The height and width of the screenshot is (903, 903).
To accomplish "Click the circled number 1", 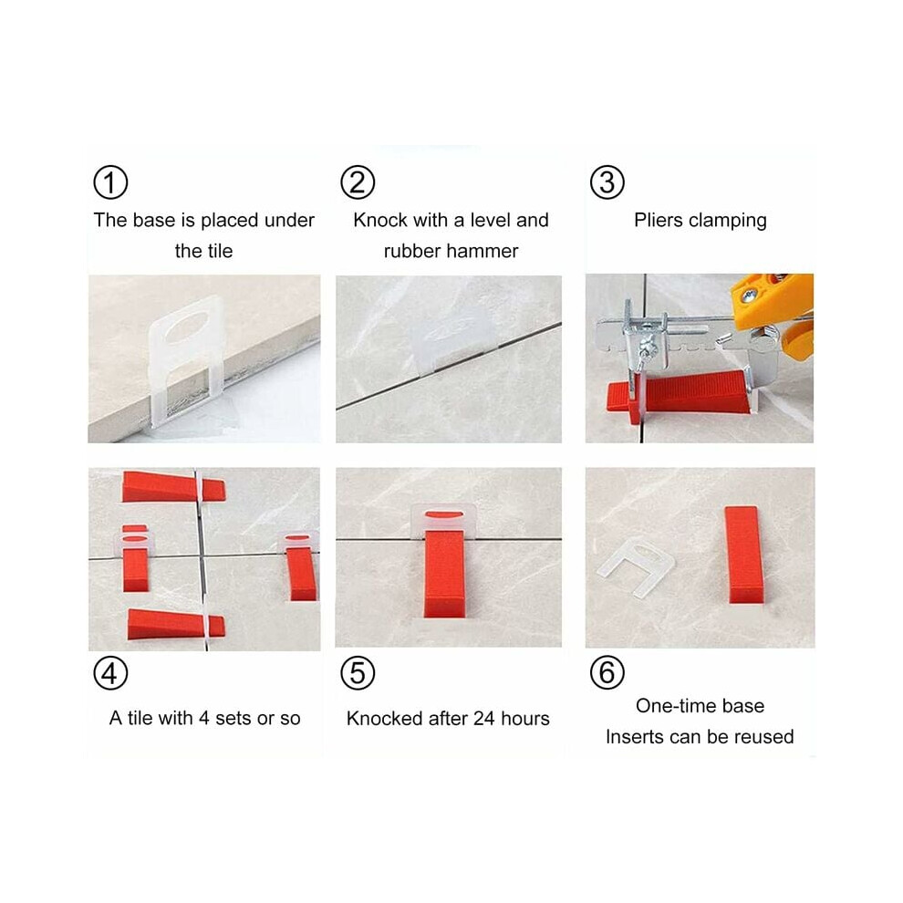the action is tap(110, 182).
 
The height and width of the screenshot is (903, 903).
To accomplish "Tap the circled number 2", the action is tap(358, 182).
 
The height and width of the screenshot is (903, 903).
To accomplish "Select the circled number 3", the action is tap(607, 182).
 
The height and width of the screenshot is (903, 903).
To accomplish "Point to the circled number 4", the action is tap(110, 672).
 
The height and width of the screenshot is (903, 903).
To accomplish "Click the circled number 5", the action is tap(358, 672).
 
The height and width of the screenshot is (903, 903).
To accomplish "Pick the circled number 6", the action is tap(607, 672).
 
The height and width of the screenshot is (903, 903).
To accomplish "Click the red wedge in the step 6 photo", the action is tap(744, 555).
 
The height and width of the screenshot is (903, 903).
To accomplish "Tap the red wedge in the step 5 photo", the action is tap(444, 573).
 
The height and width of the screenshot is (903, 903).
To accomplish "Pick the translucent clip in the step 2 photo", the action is tap(453, 345).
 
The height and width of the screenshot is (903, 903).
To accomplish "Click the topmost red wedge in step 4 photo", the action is tap(173, 487).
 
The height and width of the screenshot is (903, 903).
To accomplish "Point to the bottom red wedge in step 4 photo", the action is tap(176, 624).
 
